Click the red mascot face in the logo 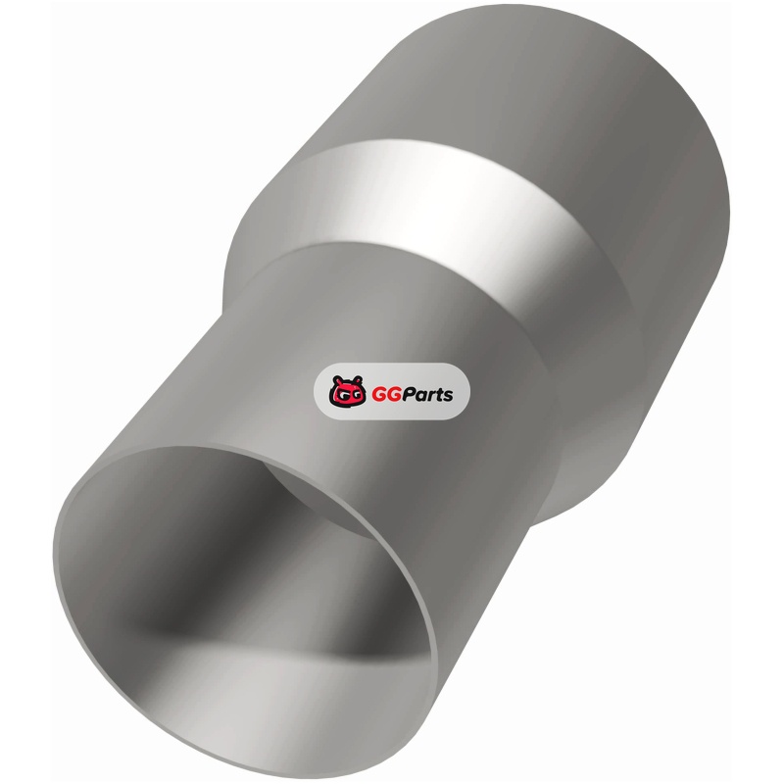(x=348, y=391)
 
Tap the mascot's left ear (x=337, y=379)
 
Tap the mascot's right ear (x=359, y=379)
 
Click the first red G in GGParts (x=379, y=395)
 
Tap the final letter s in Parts (x=448, y=397)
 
